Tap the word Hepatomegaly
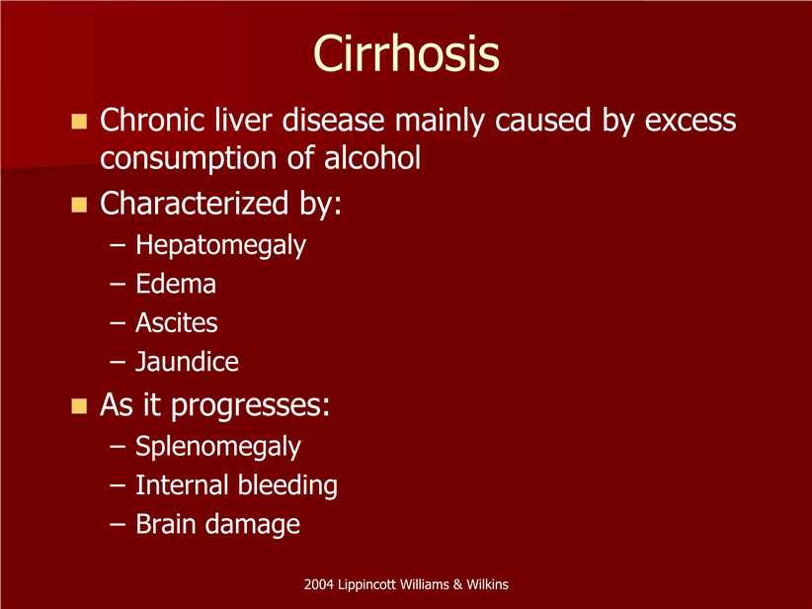click(x=220, y=245)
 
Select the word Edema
click(x=176, y=284)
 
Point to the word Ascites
click(x=176, y=322)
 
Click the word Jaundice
click(x=187, y=361)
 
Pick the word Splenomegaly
click(x=218, y=447)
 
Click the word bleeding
click(x=287, y=485)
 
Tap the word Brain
click(x=166, y=523)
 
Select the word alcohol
click(x=372, y=157)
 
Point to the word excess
click(x=690, y=121)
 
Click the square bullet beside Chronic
click(x=79, y=122)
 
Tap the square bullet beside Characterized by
click(x=79, y=205)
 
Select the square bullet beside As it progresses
click(x=79, y=405)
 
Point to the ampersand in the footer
click(x=457, y=584)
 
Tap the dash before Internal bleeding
click(x=118, y=486)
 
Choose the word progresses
click(x=250, y=405)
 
